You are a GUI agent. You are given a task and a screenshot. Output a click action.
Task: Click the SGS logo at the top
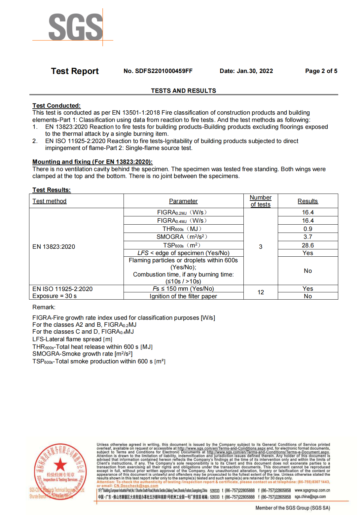[x=76, y=27]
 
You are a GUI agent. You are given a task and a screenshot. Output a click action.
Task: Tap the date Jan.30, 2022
[x=255, y=71]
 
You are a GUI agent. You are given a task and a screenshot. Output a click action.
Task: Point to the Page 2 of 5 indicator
[x=321, y=71]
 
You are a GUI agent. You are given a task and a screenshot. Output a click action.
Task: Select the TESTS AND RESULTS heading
[x=183, y=91]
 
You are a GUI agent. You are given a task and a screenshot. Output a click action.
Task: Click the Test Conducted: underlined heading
[x=56, y=106]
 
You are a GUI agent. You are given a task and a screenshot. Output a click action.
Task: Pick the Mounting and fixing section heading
[x=92, y=162]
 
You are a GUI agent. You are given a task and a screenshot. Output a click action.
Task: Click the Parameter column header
[x=183, y=201]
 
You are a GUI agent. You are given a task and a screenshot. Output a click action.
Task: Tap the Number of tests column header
[x=261, y=201]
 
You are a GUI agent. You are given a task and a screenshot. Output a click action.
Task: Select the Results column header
[x=308, y=201]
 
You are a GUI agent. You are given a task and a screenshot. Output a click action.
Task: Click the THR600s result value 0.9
[x=308, y=229]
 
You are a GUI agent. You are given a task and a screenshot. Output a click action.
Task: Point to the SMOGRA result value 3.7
[x=308, y=237]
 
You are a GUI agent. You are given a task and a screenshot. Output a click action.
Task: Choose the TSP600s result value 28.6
[x=308, y=245]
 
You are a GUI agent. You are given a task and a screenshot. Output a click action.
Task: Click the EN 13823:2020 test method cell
[x=54, y=247]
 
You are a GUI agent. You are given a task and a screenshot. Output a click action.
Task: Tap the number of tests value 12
[x=261, y=292]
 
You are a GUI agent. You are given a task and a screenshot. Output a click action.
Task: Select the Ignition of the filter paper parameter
[x=183, y=296]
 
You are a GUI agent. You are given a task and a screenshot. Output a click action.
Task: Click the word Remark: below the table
[x=44, y=307]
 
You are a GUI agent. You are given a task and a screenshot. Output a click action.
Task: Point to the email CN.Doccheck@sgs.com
[x=136, y=486]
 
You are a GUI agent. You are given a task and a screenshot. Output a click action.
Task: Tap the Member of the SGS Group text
[x=293, y=508]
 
